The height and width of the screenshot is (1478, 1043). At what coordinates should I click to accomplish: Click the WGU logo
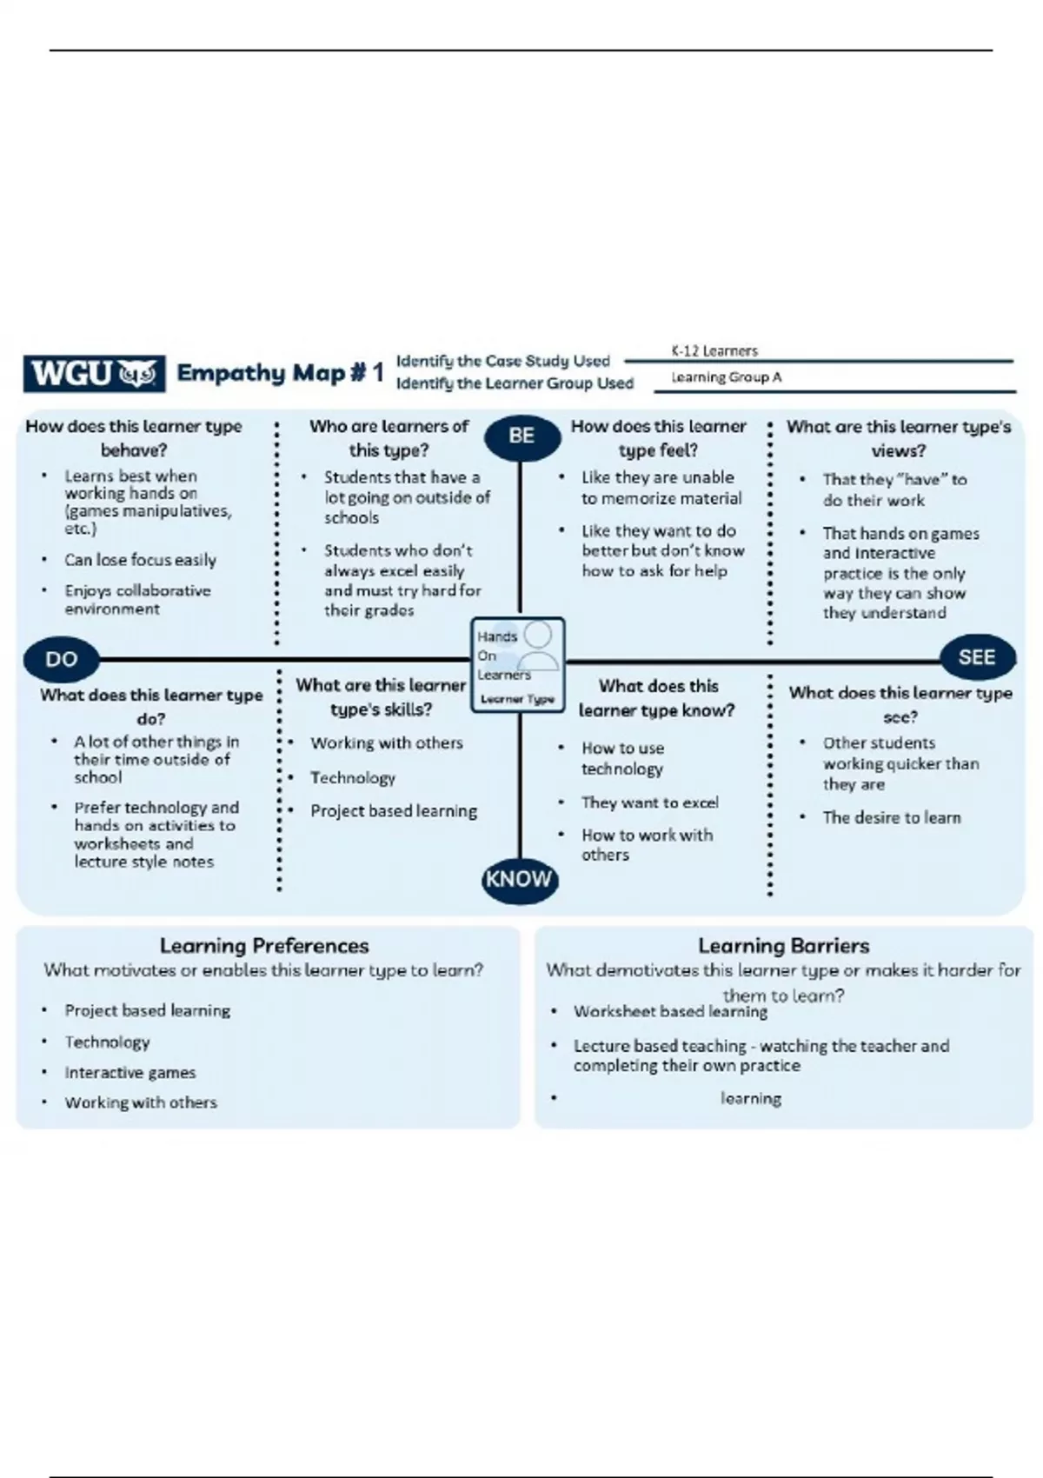(94, 374)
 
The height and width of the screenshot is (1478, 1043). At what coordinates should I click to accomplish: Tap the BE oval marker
(521, 436)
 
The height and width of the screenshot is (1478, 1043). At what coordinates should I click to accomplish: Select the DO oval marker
(61, 659)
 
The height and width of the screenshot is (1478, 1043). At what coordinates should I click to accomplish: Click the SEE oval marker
(976, 657)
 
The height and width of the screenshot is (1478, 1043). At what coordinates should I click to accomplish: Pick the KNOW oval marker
(519, 879)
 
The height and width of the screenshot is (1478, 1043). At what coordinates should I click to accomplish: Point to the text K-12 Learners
(714, 351)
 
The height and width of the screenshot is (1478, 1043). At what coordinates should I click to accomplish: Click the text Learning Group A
(726, 377)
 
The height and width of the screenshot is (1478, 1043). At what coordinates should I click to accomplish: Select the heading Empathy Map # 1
(280, 373)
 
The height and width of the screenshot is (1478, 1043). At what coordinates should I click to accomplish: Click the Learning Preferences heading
(264, 946)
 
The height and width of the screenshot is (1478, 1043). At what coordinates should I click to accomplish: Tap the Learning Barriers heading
(783, 946)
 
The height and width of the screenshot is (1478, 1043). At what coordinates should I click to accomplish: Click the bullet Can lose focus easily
(140, 560)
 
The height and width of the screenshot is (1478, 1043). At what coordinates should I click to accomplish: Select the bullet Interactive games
(130, 1073)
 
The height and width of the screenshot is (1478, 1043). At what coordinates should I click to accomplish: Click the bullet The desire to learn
(892, 817)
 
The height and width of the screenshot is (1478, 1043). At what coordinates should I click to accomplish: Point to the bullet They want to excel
(649, 802)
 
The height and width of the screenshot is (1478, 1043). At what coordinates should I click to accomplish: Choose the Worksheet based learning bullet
(670, 1012)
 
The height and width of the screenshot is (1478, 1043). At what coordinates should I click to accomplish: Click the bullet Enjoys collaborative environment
(136, 599)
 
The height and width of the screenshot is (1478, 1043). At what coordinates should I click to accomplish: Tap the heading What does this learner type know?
(657, 698)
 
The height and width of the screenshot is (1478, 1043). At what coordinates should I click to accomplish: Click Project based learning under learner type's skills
(394, 811)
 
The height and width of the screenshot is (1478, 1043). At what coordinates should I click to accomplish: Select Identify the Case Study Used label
(503, 361)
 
